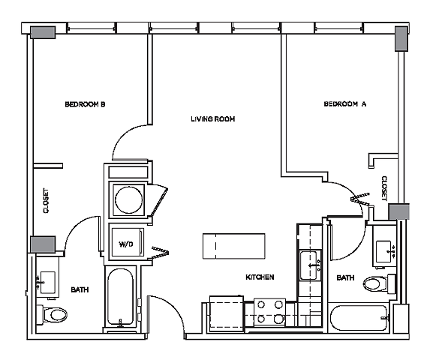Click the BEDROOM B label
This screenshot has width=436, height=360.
84,105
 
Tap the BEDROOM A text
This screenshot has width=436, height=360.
344,105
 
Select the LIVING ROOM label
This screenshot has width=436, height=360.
213,119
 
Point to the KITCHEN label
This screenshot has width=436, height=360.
260,277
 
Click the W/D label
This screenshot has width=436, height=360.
125,244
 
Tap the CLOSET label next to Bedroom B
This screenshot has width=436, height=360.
47,201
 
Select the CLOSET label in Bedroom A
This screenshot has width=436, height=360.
384,188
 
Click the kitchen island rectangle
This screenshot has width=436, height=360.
234,244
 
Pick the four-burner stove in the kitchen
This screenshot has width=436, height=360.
269,311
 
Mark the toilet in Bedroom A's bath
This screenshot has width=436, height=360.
376,283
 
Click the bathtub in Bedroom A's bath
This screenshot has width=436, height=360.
361,317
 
